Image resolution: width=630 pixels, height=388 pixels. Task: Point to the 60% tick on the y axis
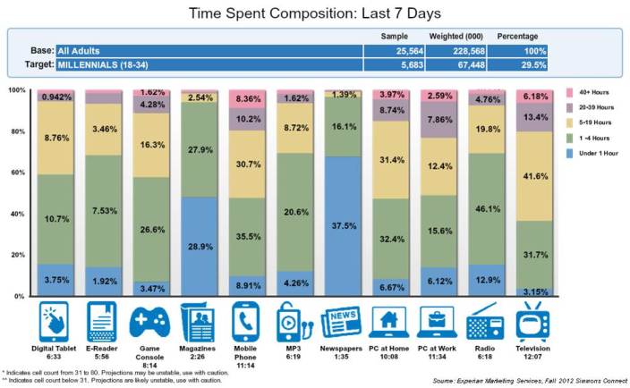[x=17, y=173]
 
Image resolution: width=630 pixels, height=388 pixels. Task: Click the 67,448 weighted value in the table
[x=463, y=64]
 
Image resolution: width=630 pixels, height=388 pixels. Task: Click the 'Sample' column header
[x=395, y=37]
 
